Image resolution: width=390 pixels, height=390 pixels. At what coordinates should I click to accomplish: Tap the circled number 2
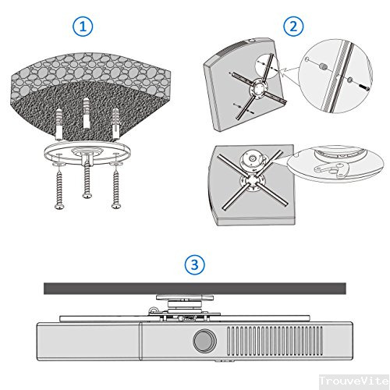tap(293, 26)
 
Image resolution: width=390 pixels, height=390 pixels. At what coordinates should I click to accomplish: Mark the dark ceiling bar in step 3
tap(194, 288)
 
